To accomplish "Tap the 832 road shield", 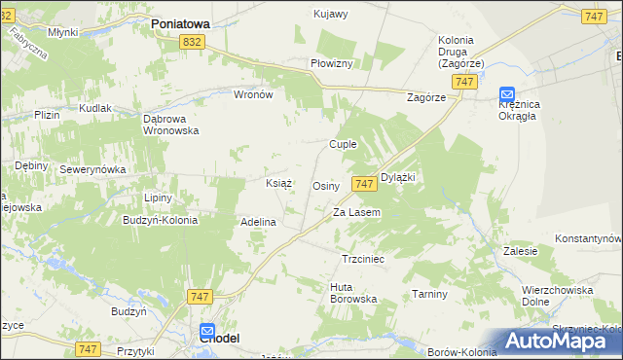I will click(193, 41).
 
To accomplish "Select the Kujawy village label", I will click(330, 15).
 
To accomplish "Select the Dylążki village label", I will click(398, 177).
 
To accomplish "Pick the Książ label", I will click(279, 183).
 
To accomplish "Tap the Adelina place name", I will click(258, 222).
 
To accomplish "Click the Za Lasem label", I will click(356, 212).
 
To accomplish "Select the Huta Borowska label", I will click(353, 293).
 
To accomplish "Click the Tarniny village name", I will click(429, 294).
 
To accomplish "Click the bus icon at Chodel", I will click(207, 332).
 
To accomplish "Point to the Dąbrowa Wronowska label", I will click(171, 124).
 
